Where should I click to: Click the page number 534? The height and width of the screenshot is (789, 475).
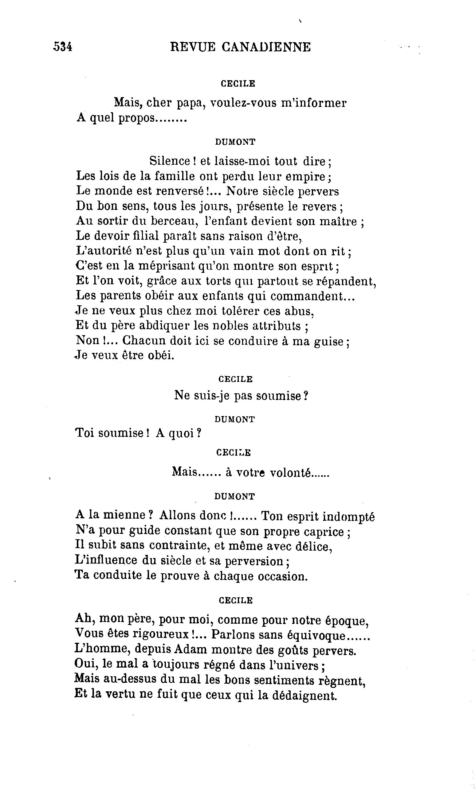[63, 47]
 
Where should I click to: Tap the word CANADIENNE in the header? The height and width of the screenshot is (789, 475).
[266, 47]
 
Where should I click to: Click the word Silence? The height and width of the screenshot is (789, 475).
[170, 161]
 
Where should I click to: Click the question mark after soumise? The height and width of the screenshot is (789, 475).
[305, 396]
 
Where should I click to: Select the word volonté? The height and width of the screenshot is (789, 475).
[291, 473]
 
